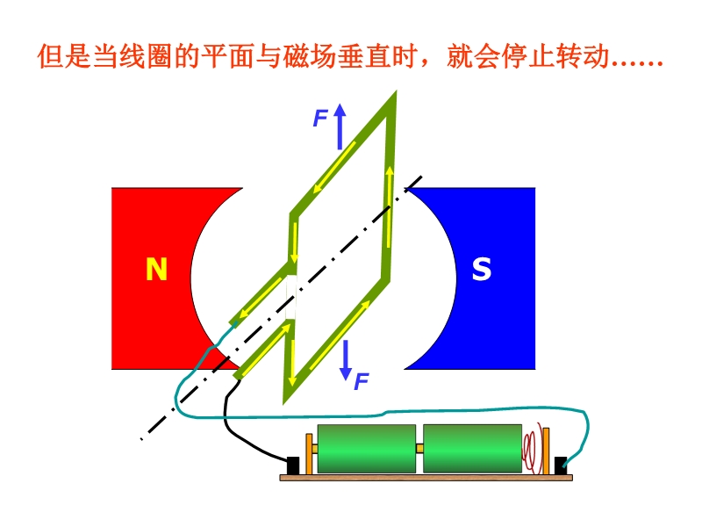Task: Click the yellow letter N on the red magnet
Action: click(156, 270)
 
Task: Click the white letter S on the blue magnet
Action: click(482, 270)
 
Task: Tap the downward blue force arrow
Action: click(346, 357)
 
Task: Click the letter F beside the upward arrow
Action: click(320, 119)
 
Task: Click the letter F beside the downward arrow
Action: click(361, 382)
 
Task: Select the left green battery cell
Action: click(365, 448)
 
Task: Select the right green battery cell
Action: click(472, 448)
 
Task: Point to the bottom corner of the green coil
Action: click(286, 399)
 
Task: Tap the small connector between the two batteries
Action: click(419, 449)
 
